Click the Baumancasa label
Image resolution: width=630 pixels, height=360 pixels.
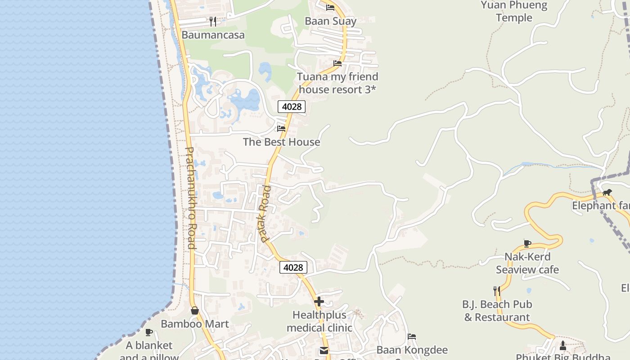tap(213, 35)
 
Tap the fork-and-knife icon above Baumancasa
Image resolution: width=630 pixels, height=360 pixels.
tap(213, 21)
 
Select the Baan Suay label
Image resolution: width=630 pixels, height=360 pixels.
tap(330, 21)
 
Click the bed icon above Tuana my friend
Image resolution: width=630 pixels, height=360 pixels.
tap(337, 63)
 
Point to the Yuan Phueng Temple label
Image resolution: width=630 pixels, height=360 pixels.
tap(514, 12)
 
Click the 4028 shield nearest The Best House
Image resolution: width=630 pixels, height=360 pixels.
tap(292, 107)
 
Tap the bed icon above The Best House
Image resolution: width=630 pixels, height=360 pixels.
tap(281, 129)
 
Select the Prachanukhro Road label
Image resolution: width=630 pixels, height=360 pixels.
tap(190, 198)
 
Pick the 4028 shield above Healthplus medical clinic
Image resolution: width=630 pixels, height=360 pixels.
tap(293, 268)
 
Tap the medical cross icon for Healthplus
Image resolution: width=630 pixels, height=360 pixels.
tap(319, 301)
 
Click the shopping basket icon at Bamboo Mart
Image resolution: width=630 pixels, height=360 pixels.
tap(195, 310)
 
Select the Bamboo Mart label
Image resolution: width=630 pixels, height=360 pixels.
tap(195, 324)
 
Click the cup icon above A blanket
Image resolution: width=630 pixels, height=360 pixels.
tap(149, 333)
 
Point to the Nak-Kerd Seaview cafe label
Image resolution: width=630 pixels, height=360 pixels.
tap(527, 263)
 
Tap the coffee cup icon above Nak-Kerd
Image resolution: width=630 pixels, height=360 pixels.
tap(527, 243)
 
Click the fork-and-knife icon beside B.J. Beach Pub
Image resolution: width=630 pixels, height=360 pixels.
tap(496, 291)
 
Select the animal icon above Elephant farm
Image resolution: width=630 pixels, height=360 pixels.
tap(607, 193)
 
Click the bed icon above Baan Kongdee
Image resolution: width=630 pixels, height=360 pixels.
tap(412, 337)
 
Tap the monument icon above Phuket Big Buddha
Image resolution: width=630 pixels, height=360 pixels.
tap(562, 346)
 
